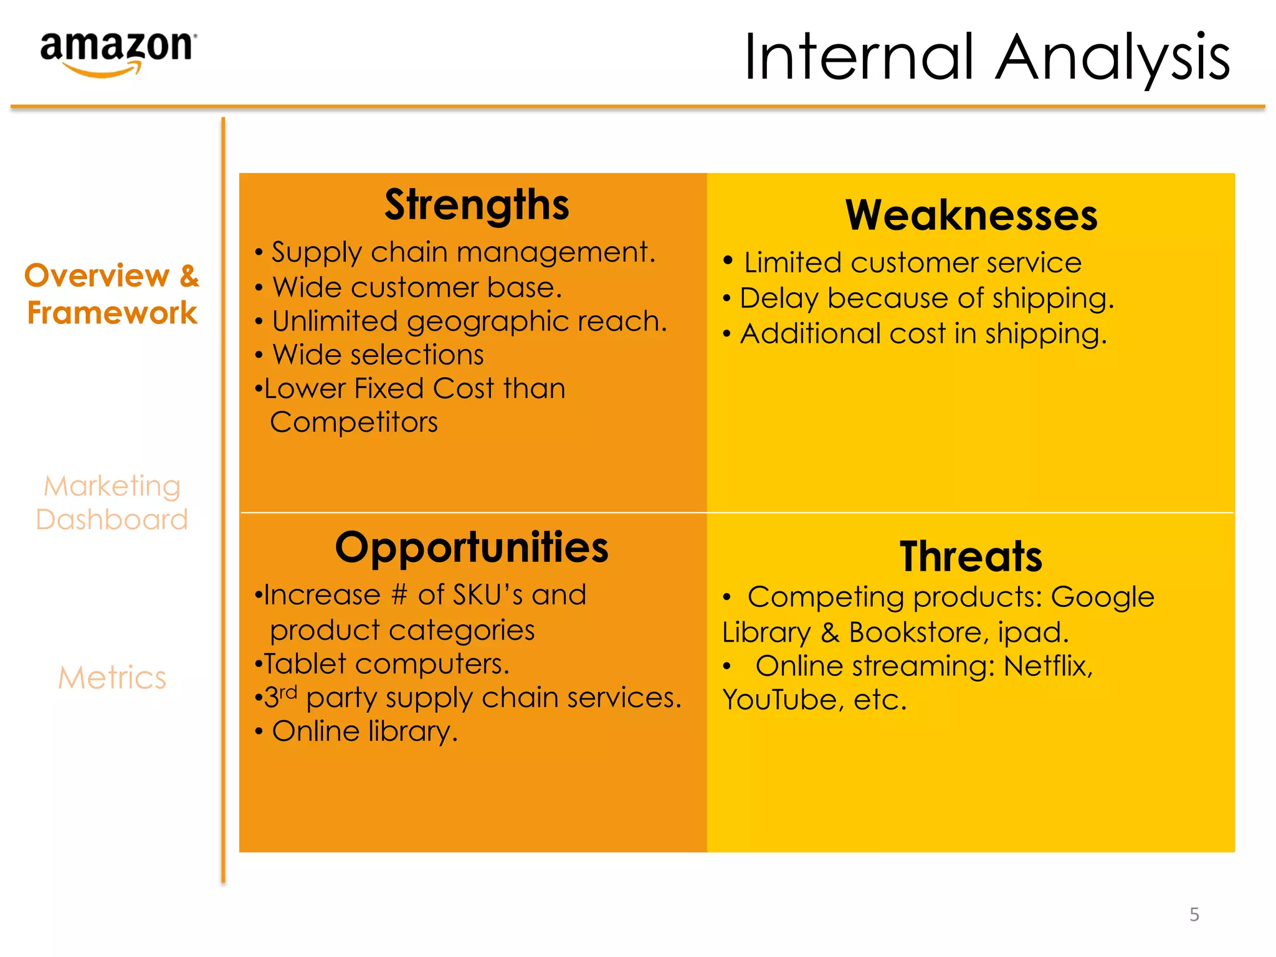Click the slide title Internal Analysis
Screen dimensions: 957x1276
pyautogui.click(x=986, y=57)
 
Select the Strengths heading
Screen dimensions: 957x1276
pyautogui.click(x=477, y=205)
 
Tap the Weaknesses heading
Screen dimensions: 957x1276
pyautogui.click(x=971, y=216)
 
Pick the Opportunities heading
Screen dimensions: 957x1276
pyautogui.click(x=472, y=548)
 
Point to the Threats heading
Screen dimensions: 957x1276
pyautogui.click(x=971, y=556)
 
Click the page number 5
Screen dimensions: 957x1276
pyautogui.click(x=1194, y=914)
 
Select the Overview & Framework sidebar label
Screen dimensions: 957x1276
pyautogui.click(x=112, y=293)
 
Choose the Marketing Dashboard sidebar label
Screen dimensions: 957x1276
pyautogui.click(x=112, y=502)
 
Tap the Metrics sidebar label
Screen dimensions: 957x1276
pyautogui.click(x=112, y=677)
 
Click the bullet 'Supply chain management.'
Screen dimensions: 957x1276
pyautogui.click(x=464, y=252)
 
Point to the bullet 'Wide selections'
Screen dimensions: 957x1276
pyautogui.click(x=378, y=355)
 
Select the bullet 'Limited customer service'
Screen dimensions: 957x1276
pyautogui.click(x=912, y=262)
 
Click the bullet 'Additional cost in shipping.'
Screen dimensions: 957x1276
pyautogui.click(x=923, y=334)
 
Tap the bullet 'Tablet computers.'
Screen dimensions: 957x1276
pyautogui.click(x=386, y=664)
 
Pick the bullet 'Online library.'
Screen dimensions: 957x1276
pyautogui.click(x=365, y=731)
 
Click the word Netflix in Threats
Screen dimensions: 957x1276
pyautogui.click(x=1048, y=666)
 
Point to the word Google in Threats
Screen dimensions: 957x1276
pyautogui.click(x=1102, y=598)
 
